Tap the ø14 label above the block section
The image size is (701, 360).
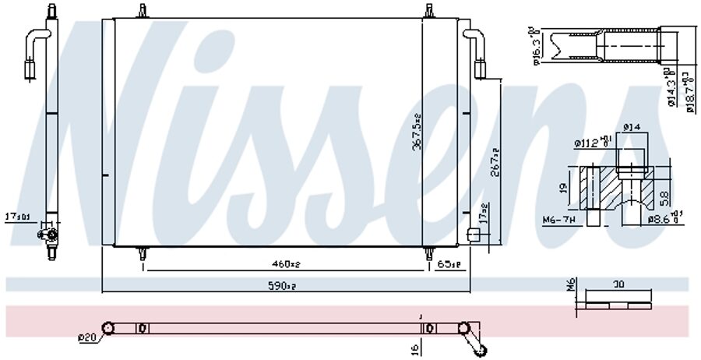click(x=631, y=128)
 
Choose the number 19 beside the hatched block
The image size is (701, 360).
click(x=562, y=187)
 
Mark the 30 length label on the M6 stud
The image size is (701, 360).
click(x=618, y=285)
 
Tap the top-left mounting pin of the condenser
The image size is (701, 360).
click(x=142, y=11)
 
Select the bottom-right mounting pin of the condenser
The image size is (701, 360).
click(x=429, y=253)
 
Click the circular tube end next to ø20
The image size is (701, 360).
click(x=108, y=328)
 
